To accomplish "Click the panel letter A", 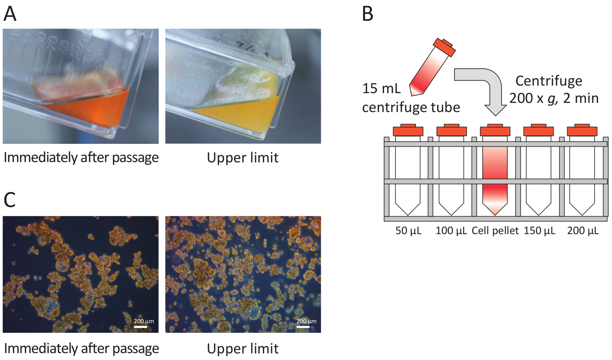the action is coord(10,14).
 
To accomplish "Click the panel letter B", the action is coord(367,14).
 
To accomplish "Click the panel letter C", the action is coord(10,200).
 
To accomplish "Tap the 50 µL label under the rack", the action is coord(408,231).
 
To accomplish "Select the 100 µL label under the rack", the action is coord(451,231).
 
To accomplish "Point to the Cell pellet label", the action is coord(495,231).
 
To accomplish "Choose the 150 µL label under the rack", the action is coord(539,231).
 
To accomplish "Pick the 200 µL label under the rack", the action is coord(583,231).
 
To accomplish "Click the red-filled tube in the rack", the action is coord(495,176).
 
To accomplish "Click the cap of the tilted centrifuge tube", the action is coord(444,47).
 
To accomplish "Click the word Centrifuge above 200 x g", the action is coord(549,81).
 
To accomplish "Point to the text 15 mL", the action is coord(381,88).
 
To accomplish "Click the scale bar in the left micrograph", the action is coord(140,327).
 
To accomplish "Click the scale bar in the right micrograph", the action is coord(303,327).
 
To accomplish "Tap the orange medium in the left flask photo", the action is coord(94,110).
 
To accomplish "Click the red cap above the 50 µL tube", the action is coord(408,130).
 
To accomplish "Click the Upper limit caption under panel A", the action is coord(242,158).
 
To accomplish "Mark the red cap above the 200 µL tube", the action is coord(582,130).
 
